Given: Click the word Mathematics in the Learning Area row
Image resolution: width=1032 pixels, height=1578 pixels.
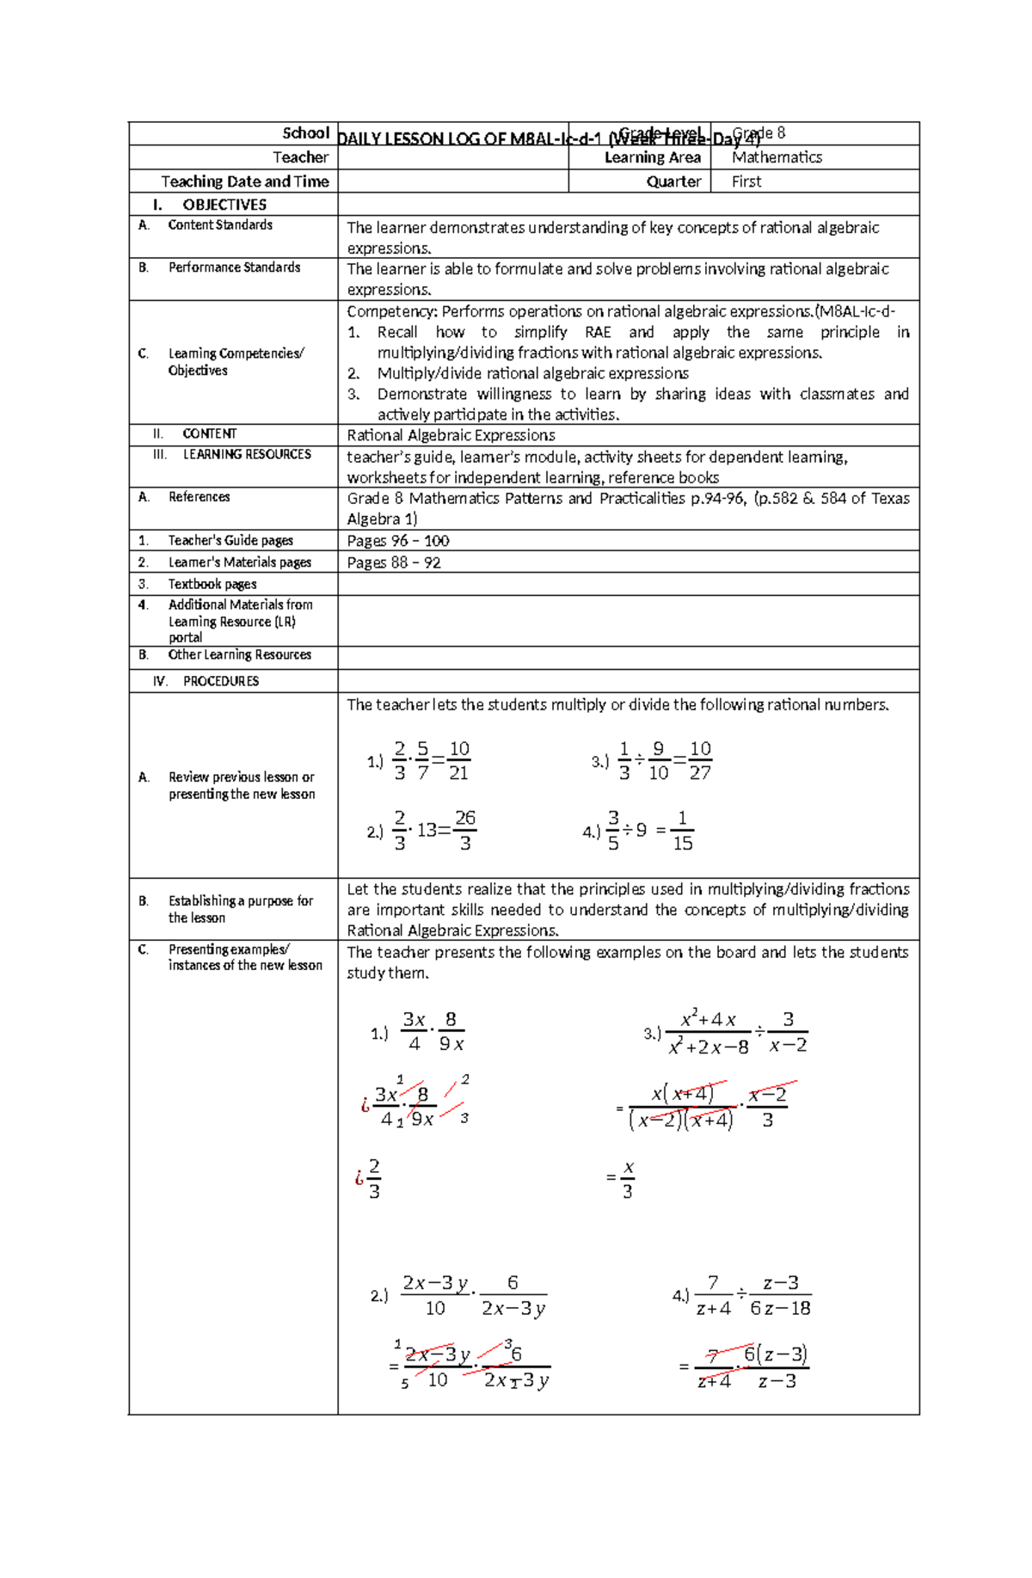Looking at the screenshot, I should point(777,157).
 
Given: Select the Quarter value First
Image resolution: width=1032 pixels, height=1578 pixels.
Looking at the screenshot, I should point(746,181).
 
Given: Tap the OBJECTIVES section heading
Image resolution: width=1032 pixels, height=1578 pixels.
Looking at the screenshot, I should point(224,205).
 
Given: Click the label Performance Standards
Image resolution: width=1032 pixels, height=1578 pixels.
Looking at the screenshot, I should point(234,267).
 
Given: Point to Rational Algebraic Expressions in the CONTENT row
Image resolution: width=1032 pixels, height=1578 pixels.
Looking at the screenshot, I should point(451,435).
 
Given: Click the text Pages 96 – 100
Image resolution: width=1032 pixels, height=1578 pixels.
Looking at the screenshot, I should point(398,541).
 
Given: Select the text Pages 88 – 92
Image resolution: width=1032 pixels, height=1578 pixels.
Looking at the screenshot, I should point(394,562).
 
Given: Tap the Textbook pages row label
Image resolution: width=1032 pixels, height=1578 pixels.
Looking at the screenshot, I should point(212,584).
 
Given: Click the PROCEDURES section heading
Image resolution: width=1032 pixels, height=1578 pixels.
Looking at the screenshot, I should point(220,681).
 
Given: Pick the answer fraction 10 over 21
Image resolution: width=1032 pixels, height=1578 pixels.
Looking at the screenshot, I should point(459,761).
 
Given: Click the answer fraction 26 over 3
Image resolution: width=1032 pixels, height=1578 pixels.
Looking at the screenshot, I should point(465,831).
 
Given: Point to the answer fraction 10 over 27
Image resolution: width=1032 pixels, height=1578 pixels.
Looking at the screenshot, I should point(700,761).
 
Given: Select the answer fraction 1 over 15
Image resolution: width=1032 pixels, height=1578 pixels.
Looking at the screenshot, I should point(683,831).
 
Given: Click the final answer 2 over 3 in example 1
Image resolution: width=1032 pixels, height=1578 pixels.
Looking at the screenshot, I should point(374,1179).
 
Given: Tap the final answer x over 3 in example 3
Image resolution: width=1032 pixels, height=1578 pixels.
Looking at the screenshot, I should point(628,1179).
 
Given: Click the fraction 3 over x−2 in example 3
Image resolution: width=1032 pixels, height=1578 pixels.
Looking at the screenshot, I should point(788,1032).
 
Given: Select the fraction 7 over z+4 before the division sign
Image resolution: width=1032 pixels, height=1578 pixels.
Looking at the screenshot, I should point(713,1295).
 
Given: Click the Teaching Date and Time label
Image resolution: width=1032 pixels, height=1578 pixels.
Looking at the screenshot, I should point(245,181).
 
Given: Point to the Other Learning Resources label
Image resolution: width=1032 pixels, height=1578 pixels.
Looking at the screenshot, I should point(239,655).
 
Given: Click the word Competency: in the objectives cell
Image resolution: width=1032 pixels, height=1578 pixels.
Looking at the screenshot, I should point(392,311).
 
